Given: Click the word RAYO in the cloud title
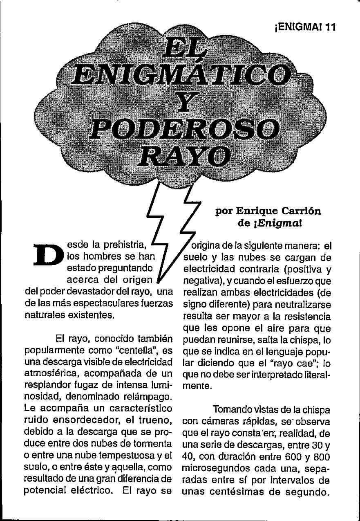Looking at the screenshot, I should tap(185, 155).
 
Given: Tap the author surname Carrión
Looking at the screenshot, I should tap(300, 211).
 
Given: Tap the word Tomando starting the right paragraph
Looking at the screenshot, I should tap(233, 409).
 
